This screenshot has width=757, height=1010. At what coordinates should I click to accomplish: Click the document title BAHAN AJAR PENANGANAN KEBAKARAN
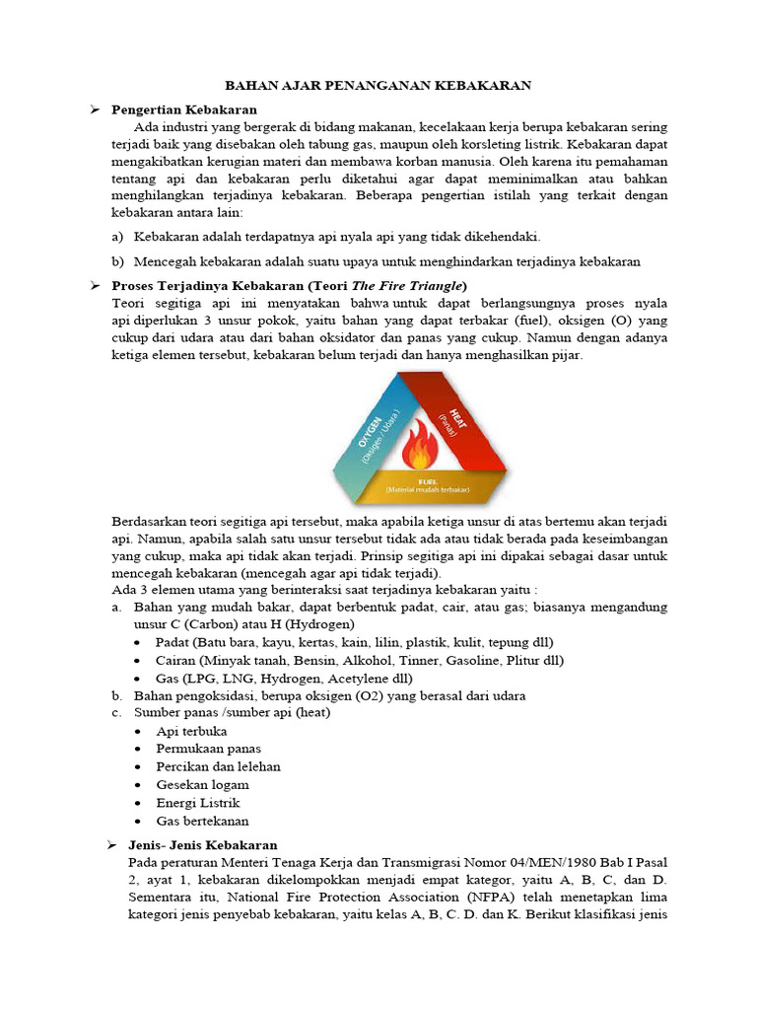[x=378, y=86]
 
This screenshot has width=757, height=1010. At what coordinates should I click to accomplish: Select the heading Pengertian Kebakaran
[x=184, y=109]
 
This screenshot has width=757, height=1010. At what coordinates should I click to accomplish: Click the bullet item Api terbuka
[x=191, y=731]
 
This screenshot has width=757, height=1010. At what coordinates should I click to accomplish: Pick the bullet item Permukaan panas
[x=208, y=749]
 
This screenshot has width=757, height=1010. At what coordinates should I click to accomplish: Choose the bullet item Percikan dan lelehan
[x=218, y=766]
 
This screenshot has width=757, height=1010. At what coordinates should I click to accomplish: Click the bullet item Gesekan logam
[x=202, y=785]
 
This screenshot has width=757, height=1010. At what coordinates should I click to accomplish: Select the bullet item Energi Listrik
[x=197, y=803]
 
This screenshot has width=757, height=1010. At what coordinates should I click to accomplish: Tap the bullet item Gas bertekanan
[x=202, y=821]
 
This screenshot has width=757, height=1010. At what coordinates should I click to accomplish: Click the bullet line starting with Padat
[x=354, y=642]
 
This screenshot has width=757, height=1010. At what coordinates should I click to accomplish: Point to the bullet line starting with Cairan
[x=359, y=660]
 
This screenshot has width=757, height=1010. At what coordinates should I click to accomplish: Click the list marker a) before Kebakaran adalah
[x=118, y=238]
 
